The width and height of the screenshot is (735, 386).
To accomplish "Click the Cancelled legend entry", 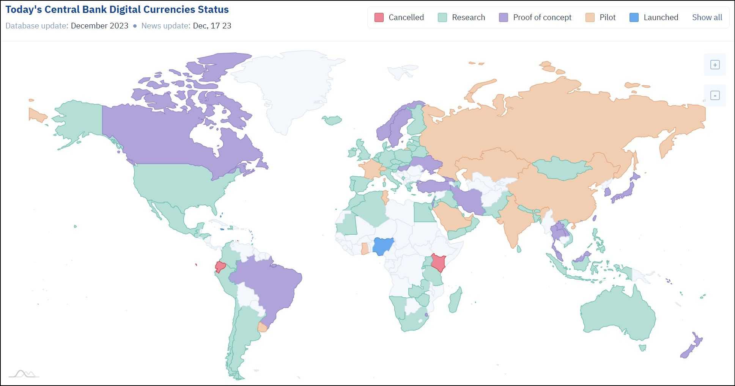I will pos(399,17).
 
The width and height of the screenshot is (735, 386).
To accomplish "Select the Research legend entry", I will pos(461,17).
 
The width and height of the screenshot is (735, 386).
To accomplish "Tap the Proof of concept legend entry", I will pos(535,17).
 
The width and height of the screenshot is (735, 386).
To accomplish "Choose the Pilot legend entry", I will pos(600,17).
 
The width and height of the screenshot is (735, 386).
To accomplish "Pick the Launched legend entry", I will pos(654,17).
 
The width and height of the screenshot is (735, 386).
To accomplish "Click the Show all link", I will pos(707,17).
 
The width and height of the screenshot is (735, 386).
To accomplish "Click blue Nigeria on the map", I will pos(383,246).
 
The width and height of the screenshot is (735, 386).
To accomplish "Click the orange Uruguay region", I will pos(262,327).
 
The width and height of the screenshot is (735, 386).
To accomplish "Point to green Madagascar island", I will pos(455,300).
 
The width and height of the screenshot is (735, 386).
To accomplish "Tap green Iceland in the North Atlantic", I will pos(332,120).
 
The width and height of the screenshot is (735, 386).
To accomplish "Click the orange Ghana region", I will pos(365,249).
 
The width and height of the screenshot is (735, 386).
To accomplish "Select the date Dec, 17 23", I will pos(212,26).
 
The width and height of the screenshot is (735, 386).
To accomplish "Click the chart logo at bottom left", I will pos(24,374).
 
